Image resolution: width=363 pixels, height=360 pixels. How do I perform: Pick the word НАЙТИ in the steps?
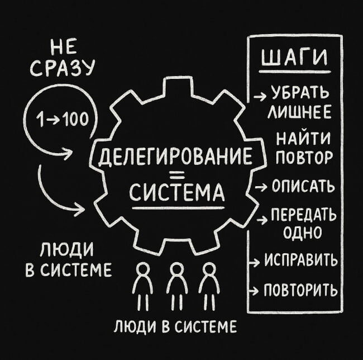pyautogui.click(x=304, y=137)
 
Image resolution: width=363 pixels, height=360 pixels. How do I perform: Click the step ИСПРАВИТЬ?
pyautogui.click(x=300, y=260)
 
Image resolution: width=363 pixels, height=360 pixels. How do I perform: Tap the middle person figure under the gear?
pyautogui.click(x=177, y=285)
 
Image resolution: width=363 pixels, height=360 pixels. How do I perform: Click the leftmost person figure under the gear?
pyautogui.click(x=143, y=285)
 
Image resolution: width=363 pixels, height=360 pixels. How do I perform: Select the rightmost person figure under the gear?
pyautogui.click(x=209, y=285)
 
